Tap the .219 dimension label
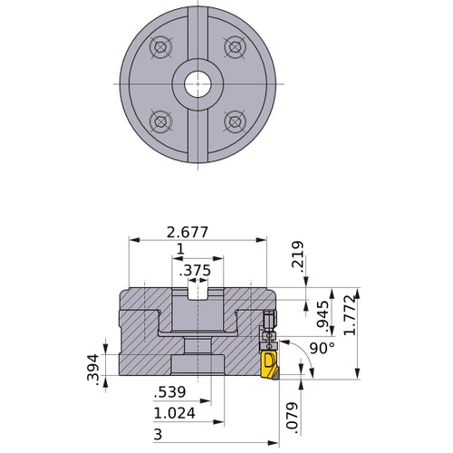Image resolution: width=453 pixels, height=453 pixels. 297,257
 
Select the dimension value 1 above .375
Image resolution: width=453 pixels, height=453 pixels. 180,249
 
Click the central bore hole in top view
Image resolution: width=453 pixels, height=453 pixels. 198,84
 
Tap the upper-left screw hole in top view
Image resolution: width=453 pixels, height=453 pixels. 161,48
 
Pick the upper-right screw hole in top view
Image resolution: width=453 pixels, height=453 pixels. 235,48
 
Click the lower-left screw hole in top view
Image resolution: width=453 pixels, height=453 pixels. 161,120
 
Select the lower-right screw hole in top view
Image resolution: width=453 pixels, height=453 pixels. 235,120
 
